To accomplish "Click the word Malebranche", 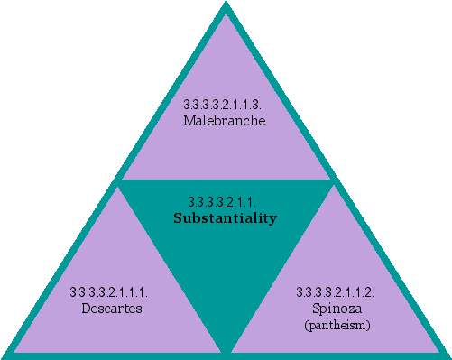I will point(224,121).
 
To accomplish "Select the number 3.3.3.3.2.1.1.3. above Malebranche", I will point(225,106).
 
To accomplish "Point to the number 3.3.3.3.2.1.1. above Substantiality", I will point(225,202).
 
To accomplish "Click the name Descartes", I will point(109,309).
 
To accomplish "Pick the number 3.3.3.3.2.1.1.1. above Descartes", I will point(109,292).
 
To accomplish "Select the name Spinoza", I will point(336,309).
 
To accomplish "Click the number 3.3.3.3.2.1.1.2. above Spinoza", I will point(336,292).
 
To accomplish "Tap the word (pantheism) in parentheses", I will point(336,323).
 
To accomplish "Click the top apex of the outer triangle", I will point(226,5).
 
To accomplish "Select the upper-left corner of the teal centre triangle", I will point(120,181).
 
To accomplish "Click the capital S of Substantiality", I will point(177,218).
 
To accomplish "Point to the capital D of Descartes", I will point(84,309).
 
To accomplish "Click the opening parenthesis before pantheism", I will point(305,323).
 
